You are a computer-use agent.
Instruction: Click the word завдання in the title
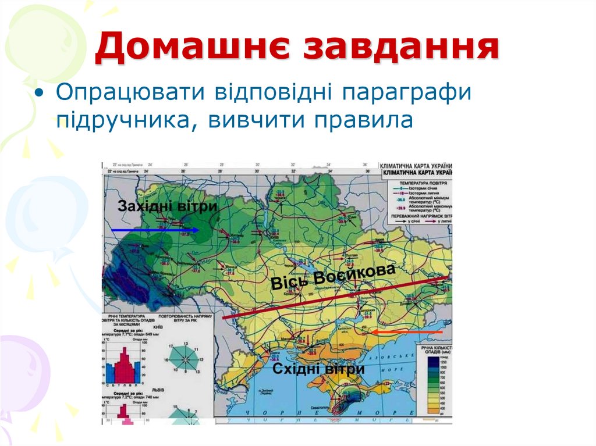(402, 48)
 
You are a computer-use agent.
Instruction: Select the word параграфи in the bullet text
(406, 94)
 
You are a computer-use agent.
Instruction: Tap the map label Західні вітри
(168, 206)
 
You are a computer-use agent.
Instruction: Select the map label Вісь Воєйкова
(333, 277)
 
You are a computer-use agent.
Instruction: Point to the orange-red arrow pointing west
(407, 331)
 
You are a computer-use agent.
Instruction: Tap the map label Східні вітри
(319, 369)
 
